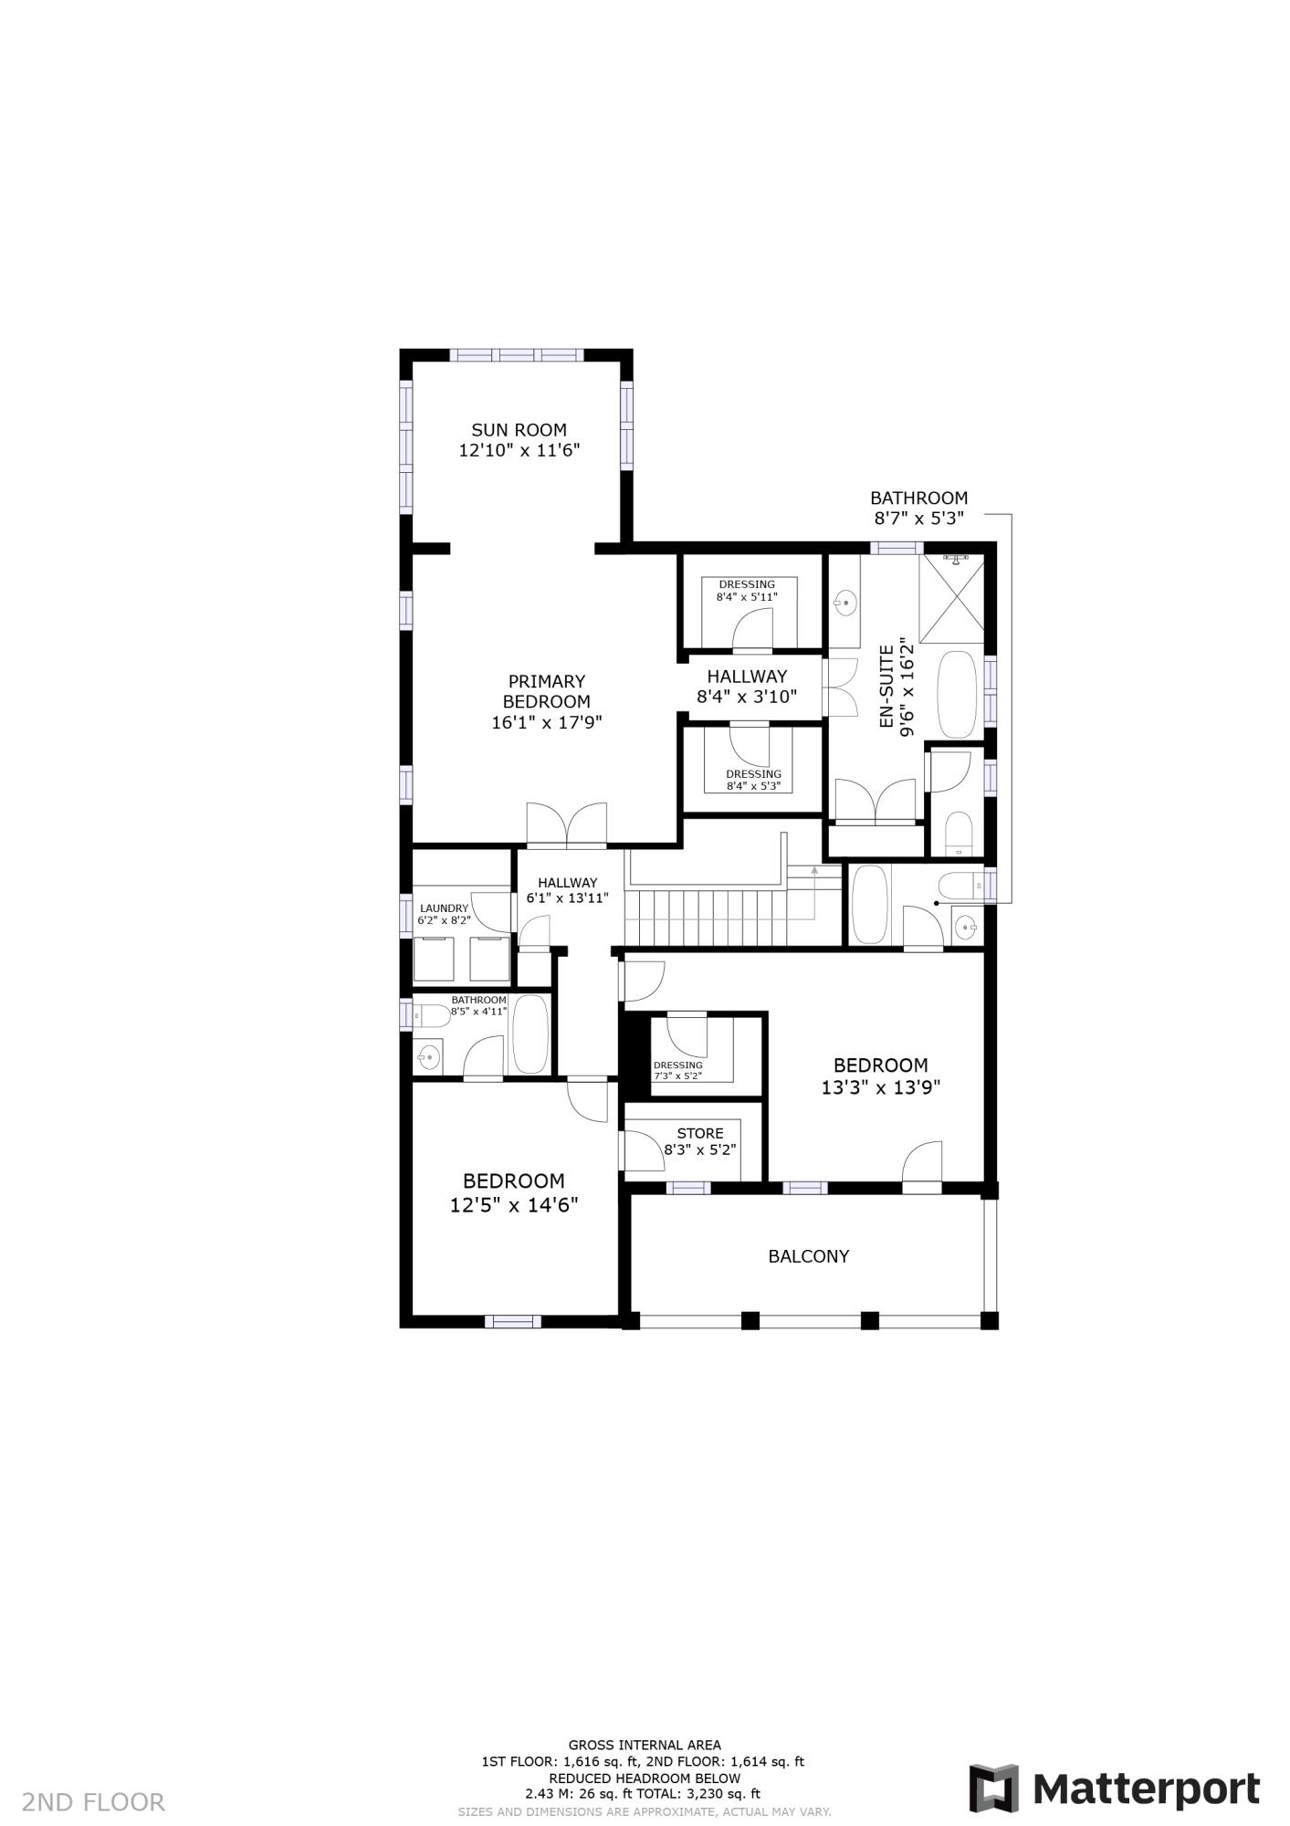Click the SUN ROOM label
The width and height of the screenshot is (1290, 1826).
(x=519, y=429)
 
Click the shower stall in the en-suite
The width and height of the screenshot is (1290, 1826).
(x=952, y=597)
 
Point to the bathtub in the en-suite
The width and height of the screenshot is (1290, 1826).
(x=957, y=694)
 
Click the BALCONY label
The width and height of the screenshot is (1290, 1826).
(x=809, y=1256)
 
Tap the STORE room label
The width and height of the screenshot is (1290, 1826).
(x=700, y=1133)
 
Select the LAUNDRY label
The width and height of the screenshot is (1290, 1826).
(x=444, y=908)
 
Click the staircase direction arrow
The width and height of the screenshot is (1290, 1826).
(x=814, y=872)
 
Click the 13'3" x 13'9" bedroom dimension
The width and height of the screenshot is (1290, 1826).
(x=880, y=1087)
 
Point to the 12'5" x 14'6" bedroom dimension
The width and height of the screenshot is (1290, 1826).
(x=514, y=1205)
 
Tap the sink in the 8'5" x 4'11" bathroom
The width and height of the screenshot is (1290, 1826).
(x=427, y=1057)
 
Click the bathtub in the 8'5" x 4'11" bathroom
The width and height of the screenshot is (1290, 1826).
(x=530, y=1034)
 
